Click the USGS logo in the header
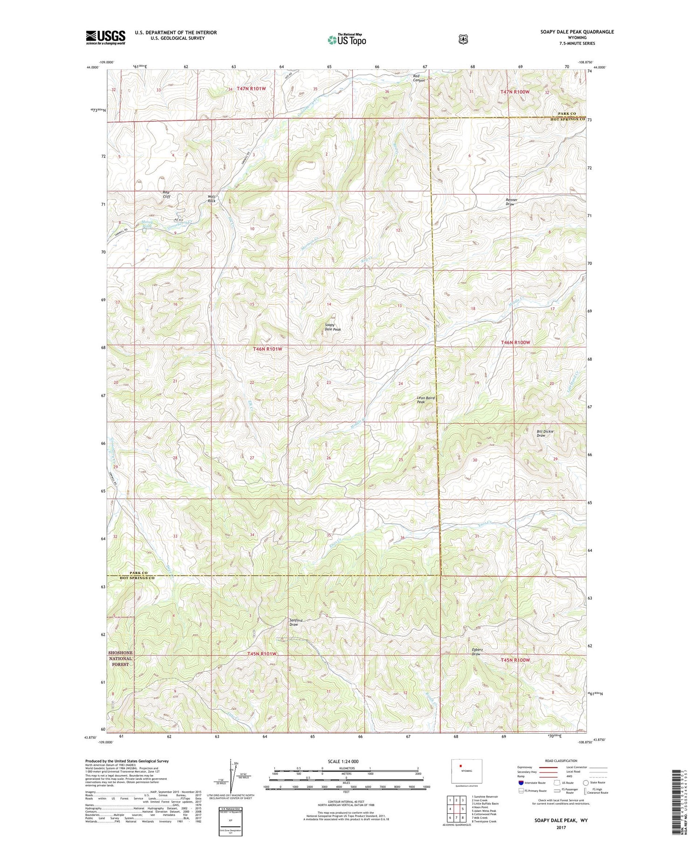tap(105, 37)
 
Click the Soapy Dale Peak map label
tap(332, 327)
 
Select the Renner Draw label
tap(511, 202)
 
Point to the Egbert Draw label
tap(476, 652)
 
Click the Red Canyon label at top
tap(419, 78)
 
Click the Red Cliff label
tap(166, 194)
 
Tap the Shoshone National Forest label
tap(120, 658)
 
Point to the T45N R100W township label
tap(515, 660)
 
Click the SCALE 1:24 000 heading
tap(346, 761)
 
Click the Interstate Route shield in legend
tap(521, 783)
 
